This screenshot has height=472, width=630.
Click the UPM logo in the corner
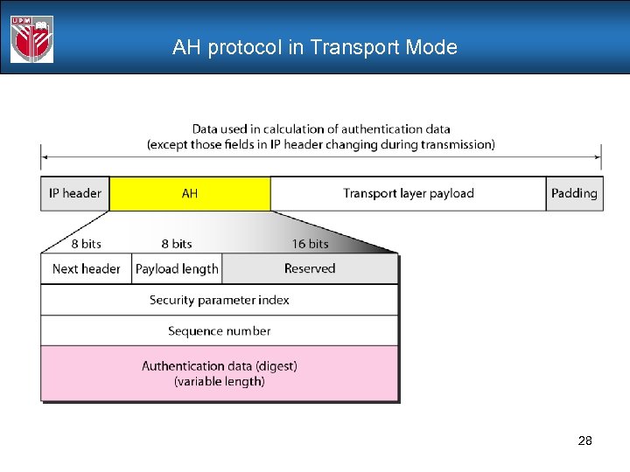tap(31, 38)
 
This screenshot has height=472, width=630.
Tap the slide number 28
tap(584, 441)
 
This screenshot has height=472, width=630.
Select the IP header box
tap(75, 193)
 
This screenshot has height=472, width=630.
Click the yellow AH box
tap(190, 193)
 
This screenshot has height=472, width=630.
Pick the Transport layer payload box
tap(409, 193)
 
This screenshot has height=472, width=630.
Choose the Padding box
tap(574, 193)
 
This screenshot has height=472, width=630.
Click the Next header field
tap(87, 268)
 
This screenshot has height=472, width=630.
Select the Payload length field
tap(177, 268)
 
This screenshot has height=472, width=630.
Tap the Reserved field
tap(310, 268)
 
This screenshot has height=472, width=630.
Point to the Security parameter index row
tap(220, 300)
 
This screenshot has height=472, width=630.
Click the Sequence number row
tap(220, 331)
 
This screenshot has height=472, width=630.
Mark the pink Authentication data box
tap(220, 373)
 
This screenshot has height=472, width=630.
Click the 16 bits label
tap(310, 244)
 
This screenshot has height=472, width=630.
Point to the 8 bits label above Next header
tap(87, 244)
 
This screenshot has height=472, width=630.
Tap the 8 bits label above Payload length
tap(177, 244)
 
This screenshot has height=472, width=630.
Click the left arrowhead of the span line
tap(45, 158)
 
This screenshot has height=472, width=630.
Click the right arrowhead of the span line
tap(598, 158)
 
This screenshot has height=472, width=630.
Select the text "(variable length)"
tap(220, 381)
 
